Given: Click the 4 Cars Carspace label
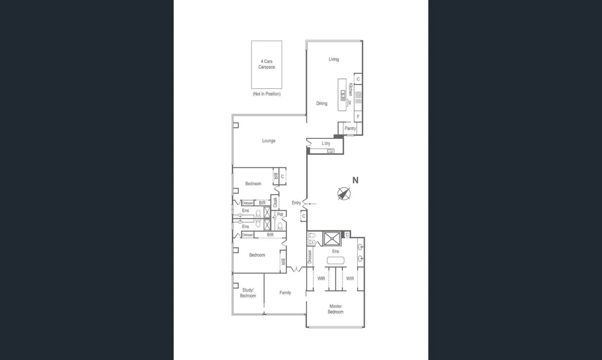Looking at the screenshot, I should [267, 64].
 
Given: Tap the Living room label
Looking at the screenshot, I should [333, 59].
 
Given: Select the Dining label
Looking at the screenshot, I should [322, 103].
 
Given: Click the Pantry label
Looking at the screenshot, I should [350, 128].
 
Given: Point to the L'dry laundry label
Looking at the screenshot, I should [326, 144].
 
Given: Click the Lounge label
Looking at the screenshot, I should [268, 141].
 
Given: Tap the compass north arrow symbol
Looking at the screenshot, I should [344, 194].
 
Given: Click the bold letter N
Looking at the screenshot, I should [355, 180].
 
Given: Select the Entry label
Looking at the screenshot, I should [296, 203].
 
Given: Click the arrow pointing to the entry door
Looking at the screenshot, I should [312, 204].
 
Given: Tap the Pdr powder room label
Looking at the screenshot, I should [280, 214].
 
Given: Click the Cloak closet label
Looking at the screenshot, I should [275, 202].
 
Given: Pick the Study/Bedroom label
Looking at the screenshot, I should [248, 293].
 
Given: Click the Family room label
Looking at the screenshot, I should [285, 293].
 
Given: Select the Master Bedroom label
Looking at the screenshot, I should [335, 309].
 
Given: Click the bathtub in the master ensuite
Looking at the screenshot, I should [335, 260].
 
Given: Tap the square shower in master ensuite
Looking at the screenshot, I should [332, 239].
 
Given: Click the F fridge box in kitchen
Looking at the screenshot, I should [358, 117].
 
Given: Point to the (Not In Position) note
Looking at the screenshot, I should [267, 94].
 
